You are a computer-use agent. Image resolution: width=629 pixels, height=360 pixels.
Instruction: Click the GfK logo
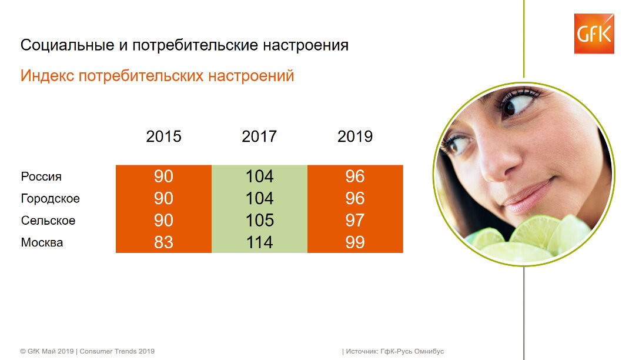(x=594, y=34)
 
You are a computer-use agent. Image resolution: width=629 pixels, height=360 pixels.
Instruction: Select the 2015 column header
(x=163, y=137)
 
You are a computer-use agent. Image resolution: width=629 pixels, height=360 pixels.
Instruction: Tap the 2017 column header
(x=259, y=137)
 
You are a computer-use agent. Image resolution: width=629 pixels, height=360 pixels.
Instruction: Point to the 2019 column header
(x=355, y=137)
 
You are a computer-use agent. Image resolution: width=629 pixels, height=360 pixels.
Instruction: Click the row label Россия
(x=41, y=176)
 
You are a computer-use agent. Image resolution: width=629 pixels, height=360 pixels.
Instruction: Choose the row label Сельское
(x=48, y=221)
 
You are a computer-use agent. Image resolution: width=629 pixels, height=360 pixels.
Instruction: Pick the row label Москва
(x=42, y=242)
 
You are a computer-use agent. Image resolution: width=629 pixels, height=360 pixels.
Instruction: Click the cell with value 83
(x=163, y=242)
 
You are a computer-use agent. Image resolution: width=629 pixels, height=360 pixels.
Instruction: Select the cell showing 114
(x=259, y=242)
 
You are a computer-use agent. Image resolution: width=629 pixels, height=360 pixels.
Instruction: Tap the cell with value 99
(x=355, y=242)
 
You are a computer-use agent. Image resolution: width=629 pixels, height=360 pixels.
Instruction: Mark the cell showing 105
(x=259, y=221)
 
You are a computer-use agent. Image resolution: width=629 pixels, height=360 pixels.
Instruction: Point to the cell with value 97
(x=355, y=221)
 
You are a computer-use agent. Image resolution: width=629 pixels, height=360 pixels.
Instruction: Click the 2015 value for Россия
(x=163, y=176)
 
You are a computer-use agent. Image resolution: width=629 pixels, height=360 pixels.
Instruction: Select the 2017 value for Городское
(x=259, y=198)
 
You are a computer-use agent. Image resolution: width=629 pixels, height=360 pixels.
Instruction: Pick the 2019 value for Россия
(x=355, y=176)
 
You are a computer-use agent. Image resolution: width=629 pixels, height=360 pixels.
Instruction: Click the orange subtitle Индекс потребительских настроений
(x=157, y=76)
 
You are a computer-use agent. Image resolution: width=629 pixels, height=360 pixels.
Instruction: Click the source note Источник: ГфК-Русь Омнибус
(x=394, y=351)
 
